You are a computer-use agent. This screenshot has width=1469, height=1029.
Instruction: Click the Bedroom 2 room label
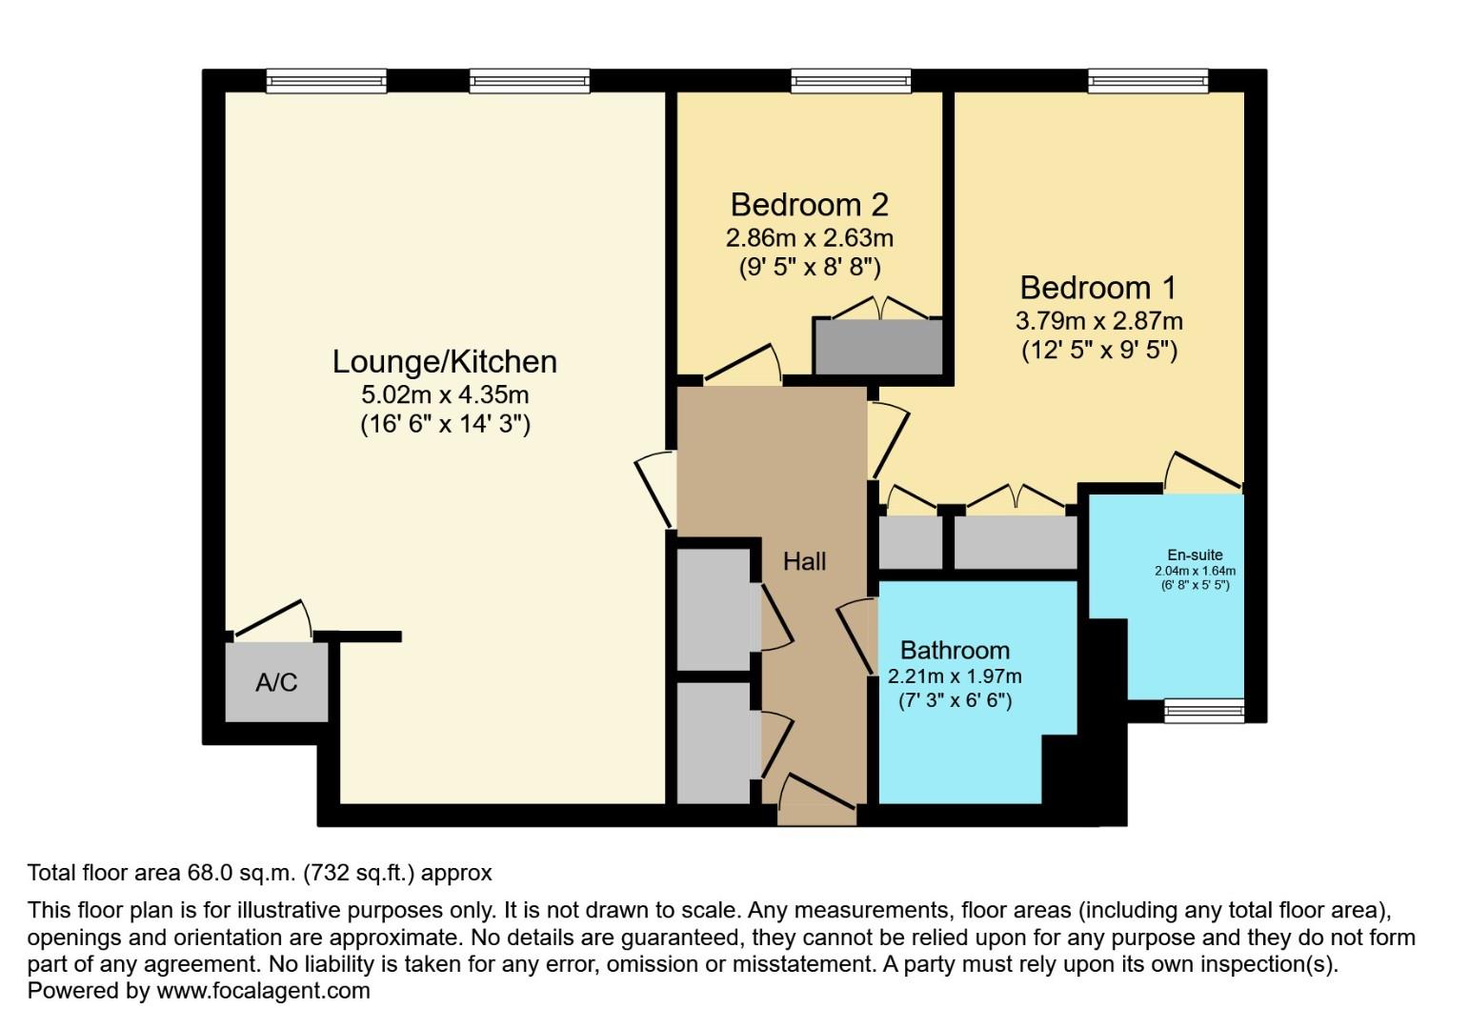click(x=809, y=205)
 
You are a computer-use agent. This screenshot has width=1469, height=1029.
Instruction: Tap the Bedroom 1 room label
click(x=1097, y=288)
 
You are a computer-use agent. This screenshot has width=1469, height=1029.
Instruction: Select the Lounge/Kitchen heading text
click(x=444, y=362)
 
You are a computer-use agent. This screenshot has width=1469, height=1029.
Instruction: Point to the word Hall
click(x=804, y=562)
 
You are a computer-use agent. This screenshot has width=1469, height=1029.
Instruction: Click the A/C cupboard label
click(x=276, y=682)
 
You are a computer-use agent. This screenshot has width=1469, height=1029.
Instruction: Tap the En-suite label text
click(x=1195, y=555)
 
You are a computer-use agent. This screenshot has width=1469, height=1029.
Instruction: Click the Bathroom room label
click(x=955, y=651)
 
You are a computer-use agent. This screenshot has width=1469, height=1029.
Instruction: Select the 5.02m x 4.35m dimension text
click(x=444, y=394)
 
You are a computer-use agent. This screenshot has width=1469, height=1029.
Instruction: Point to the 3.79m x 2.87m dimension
click(x=1099, y=321)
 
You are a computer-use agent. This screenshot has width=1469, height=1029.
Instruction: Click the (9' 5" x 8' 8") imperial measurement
click(x=810, y=268)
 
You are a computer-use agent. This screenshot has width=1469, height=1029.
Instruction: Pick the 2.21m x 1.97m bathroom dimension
click(x=955, y=676)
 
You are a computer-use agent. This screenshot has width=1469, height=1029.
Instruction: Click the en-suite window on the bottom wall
click(x=1204, y=709)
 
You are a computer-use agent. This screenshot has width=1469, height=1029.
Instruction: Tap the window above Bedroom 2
click(x=851, y=82)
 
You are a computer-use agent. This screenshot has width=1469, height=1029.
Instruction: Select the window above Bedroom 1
click(x=1148, y=82)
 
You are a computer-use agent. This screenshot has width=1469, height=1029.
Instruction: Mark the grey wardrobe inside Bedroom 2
click(x=877, y=348)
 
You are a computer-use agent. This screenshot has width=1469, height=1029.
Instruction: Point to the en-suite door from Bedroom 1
click(x=1205, y=470)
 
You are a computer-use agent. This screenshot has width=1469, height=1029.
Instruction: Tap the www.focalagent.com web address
click(x=263, y=991)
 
